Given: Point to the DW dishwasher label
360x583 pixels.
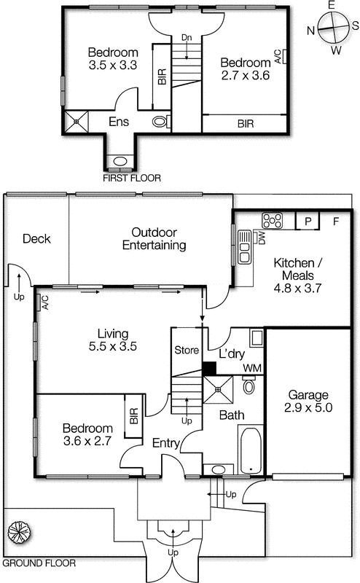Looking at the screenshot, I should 260,238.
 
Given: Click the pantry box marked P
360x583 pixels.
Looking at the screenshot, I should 308,219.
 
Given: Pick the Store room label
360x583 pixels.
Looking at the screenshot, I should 187,351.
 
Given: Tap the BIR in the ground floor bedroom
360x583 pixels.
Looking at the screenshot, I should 133,416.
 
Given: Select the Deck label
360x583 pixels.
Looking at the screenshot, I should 36,238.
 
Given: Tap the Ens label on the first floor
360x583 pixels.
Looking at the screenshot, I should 120,122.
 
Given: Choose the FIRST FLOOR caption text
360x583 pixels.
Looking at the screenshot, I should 132,178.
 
